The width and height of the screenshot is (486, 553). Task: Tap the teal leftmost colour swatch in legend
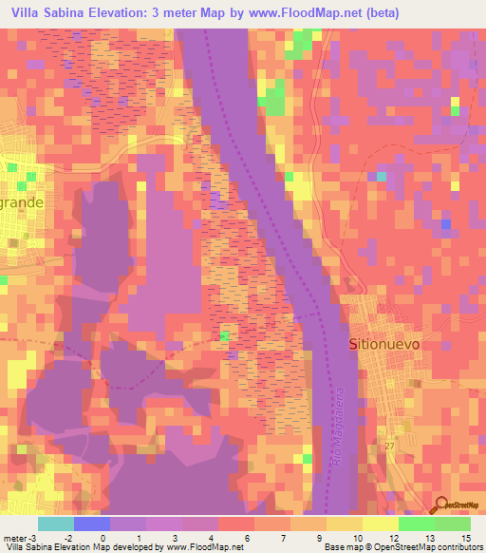(x=56, y=524)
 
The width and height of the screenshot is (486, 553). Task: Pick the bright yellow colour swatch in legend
(x=380, y=524)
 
